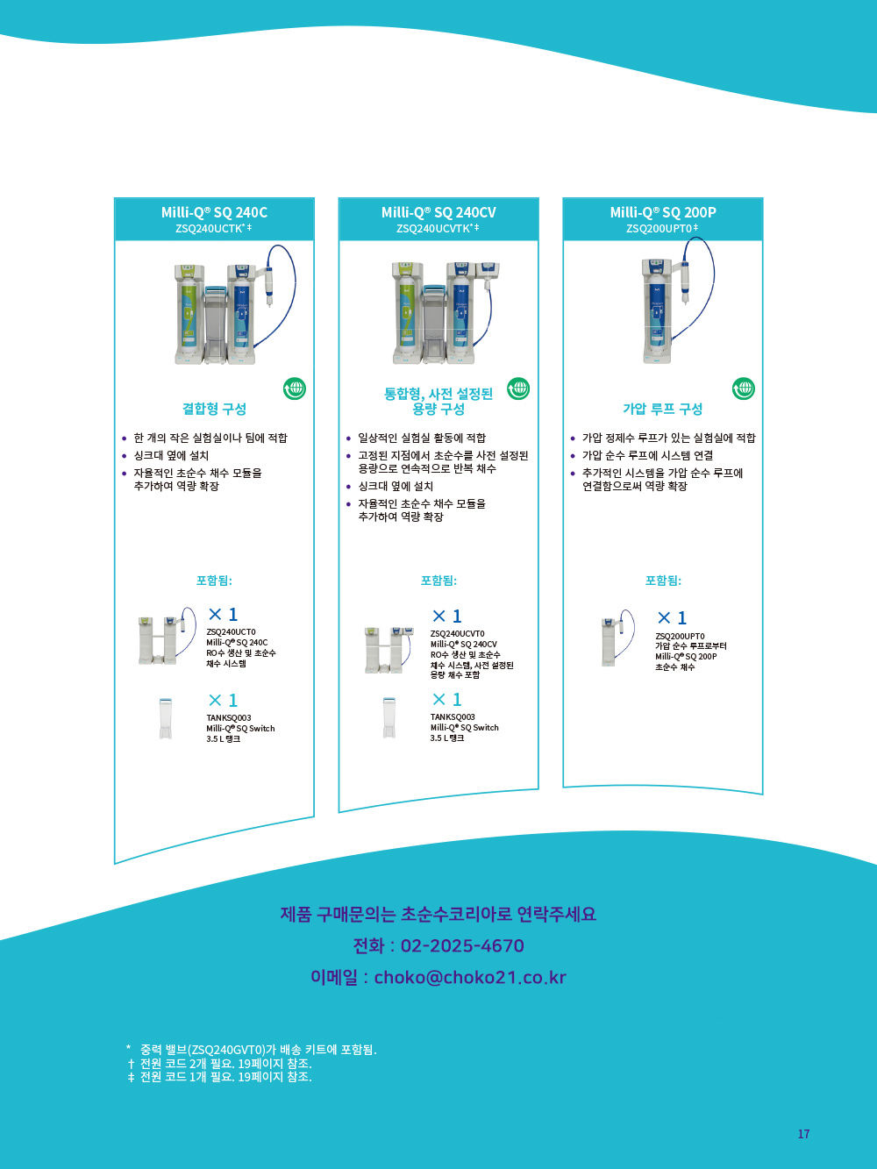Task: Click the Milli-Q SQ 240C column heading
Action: click(x=214, y=212)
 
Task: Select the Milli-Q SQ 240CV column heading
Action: click(x=438, y=212)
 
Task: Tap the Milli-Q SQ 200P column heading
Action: click(x=663, y=212)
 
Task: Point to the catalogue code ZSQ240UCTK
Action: click(x=210, y=229)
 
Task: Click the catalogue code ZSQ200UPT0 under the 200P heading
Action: click(x=660, y=229)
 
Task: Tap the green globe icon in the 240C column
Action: click(x=295, y=388)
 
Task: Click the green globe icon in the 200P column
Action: click(x=744, y=388)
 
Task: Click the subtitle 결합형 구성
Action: click(x=214, y=409)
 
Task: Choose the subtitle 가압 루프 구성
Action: click(x=663, y=409)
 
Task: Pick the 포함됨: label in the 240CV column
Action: click(x=438, y=580)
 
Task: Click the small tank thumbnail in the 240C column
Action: click(x=166, y=718)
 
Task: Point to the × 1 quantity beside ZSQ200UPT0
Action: click(x=672, y=617)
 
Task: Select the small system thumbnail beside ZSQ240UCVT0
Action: click(x=389, y=650)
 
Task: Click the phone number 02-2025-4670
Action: click(x=462, y=945)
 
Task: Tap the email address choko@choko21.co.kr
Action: click(x=470, y=977)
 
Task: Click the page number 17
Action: click(x=803, y=1134)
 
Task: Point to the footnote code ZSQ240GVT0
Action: click(x=228, y=1050)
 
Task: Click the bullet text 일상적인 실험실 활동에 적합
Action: click(x=422, y=438)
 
